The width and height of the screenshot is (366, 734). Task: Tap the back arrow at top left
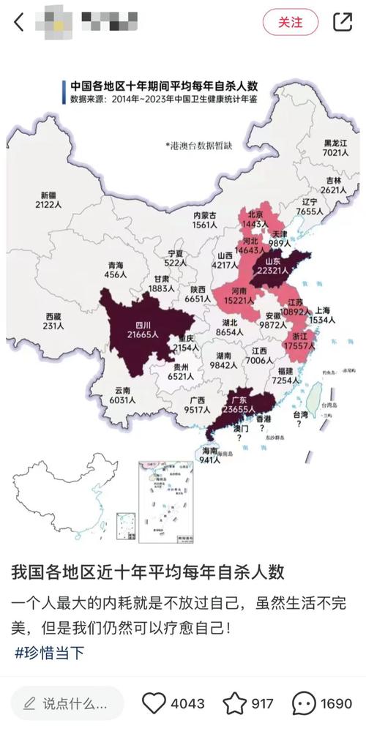click(x=19, y=22)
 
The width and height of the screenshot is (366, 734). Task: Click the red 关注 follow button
click(x=290, y=22)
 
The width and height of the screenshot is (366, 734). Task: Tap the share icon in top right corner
click(x=342, y=22)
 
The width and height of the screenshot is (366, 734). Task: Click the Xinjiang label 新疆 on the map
click(x=48, y=195)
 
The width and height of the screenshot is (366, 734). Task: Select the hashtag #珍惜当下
click(x=48, y=653)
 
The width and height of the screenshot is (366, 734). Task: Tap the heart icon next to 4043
click(x=154, y=703)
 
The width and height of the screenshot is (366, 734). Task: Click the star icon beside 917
click(x=235, y=703)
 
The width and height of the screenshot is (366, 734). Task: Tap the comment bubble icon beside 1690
click(x=304, y=703)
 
